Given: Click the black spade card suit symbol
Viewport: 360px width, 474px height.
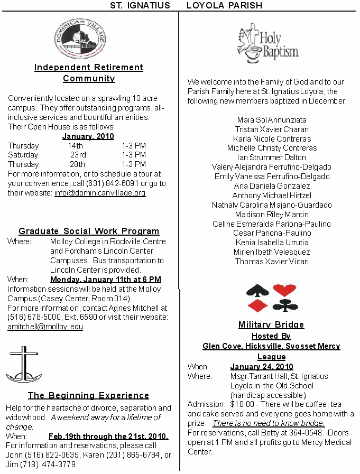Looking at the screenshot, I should tap(258, 291).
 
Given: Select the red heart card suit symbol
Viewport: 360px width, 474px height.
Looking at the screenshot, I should tap(284, 290).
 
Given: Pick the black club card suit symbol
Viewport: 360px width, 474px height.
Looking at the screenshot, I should tap(284, 305).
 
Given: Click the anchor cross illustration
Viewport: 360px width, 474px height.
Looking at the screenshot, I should tap(23, 364).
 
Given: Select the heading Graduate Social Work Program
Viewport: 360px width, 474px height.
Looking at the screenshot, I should tap(89, 231).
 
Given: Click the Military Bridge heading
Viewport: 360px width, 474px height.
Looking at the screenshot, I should tap(271, 324).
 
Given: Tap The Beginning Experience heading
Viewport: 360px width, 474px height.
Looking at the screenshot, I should tap(88, 395).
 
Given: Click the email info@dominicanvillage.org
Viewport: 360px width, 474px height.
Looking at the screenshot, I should tap(100, 193).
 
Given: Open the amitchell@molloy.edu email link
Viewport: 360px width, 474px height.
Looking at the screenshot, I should tap(45, 327).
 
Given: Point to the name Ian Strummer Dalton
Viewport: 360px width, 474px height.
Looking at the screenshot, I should tap(271, 157).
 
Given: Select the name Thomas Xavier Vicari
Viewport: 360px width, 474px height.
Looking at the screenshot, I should tap(272, 262).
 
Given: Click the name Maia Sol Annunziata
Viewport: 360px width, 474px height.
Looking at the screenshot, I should tap(272, 119).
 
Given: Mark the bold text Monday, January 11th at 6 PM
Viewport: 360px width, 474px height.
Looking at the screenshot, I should tap(106, 279).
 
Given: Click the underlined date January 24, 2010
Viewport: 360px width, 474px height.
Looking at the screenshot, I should tap(262, 367).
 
